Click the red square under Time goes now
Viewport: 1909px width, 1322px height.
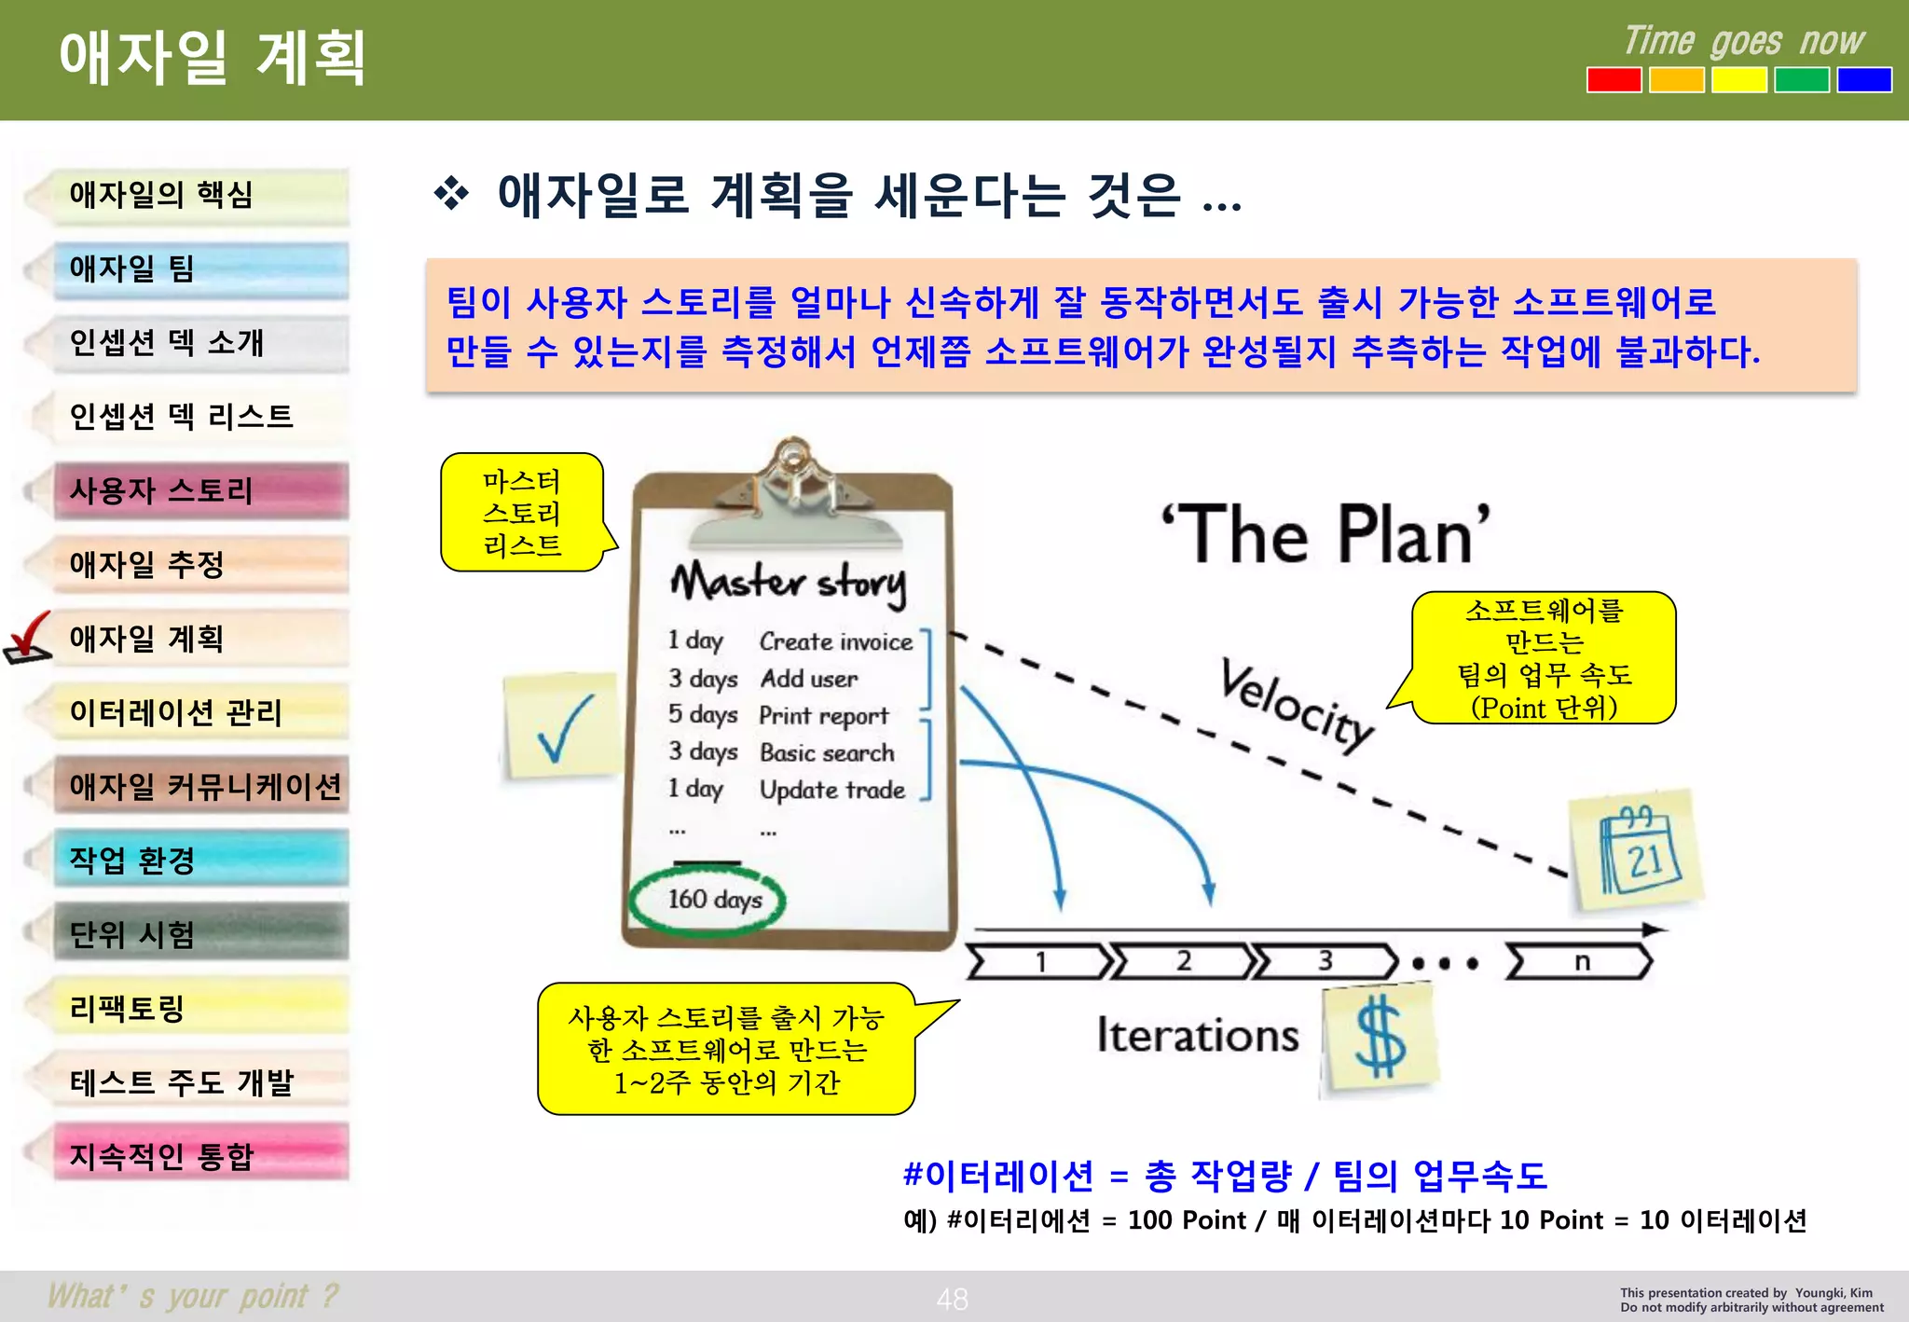click(x=1614, y=80)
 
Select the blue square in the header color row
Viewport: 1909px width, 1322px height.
click(x=1863, y=80)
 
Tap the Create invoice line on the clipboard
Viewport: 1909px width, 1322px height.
click(x=835, y=641)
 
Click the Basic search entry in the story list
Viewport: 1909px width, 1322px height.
click(x=826, y=752)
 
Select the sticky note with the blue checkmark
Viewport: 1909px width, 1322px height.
click(x=560, y=726)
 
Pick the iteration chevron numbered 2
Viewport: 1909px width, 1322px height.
click(x=1183, y=961)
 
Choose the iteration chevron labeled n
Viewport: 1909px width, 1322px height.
click(x=1580, y=961)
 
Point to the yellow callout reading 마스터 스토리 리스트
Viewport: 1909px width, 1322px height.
click(x=522, y=513)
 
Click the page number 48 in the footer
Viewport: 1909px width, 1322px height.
click(x=952, y=1299)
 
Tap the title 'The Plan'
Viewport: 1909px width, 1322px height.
click(x=1325, y=535)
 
